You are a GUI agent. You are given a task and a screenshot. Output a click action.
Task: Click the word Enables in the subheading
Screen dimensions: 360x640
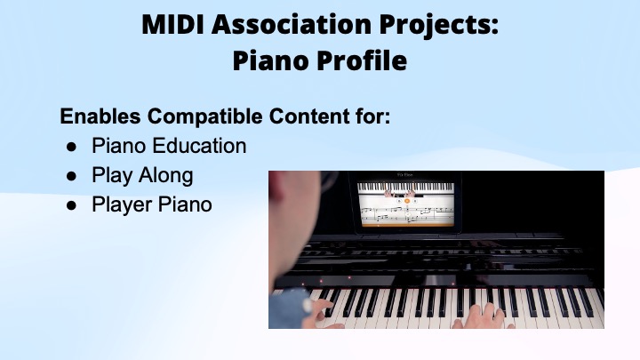97,116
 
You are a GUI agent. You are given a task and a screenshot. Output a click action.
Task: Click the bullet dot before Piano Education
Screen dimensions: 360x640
72,146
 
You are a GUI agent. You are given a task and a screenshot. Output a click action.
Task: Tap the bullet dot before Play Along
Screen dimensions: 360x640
72,175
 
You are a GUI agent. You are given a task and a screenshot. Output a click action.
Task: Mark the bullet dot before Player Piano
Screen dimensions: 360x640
72,204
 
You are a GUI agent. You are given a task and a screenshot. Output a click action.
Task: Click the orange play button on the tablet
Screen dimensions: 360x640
406,201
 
